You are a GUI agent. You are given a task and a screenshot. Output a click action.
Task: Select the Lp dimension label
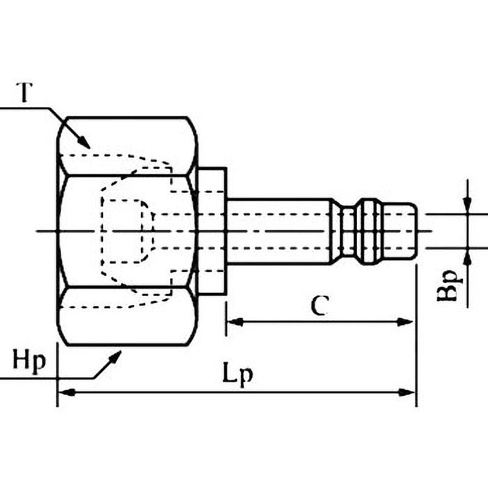[x=237, y=375]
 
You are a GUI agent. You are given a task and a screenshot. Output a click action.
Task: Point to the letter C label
[x=320, y=306]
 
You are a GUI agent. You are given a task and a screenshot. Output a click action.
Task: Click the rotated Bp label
[x=448, y=286]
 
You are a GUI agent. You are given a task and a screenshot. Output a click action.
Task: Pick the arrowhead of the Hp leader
[x=115, y=357]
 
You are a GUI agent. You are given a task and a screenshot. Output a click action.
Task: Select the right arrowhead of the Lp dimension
[x=407, y=392]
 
